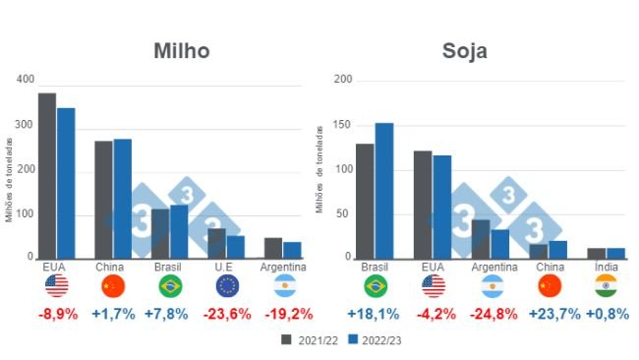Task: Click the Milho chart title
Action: (182, 51)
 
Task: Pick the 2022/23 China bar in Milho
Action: (122, 198)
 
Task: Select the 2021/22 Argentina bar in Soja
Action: (481, 238)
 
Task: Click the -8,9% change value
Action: (55, 315)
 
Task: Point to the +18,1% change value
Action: (375, 315)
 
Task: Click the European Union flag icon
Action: (227, 286)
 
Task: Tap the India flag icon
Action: (607, 286)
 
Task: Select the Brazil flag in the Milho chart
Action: (170, 286)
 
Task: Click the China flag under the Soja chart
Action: (549, 286)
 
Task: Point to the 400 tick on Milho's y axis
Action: (25, 79)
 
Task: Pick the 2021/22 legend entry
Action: (309, 340)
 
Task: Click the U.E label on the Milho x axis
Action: (227, 267)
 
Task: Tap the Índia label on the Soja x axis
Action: (607, 267)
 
